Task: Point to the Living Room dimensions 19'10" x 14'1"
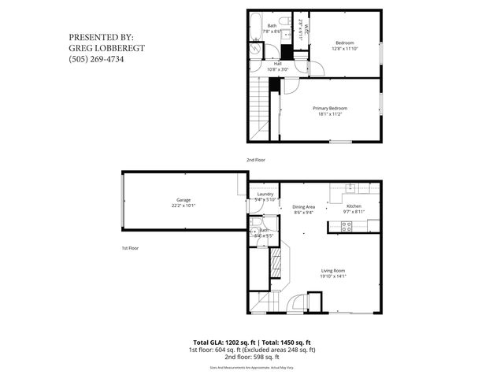pos(332,276)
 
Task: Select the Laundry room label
pos(265,195)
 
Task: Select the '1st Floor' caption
pos(130,248)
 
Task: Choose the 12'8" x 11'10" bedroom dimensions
pos(344,48)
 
